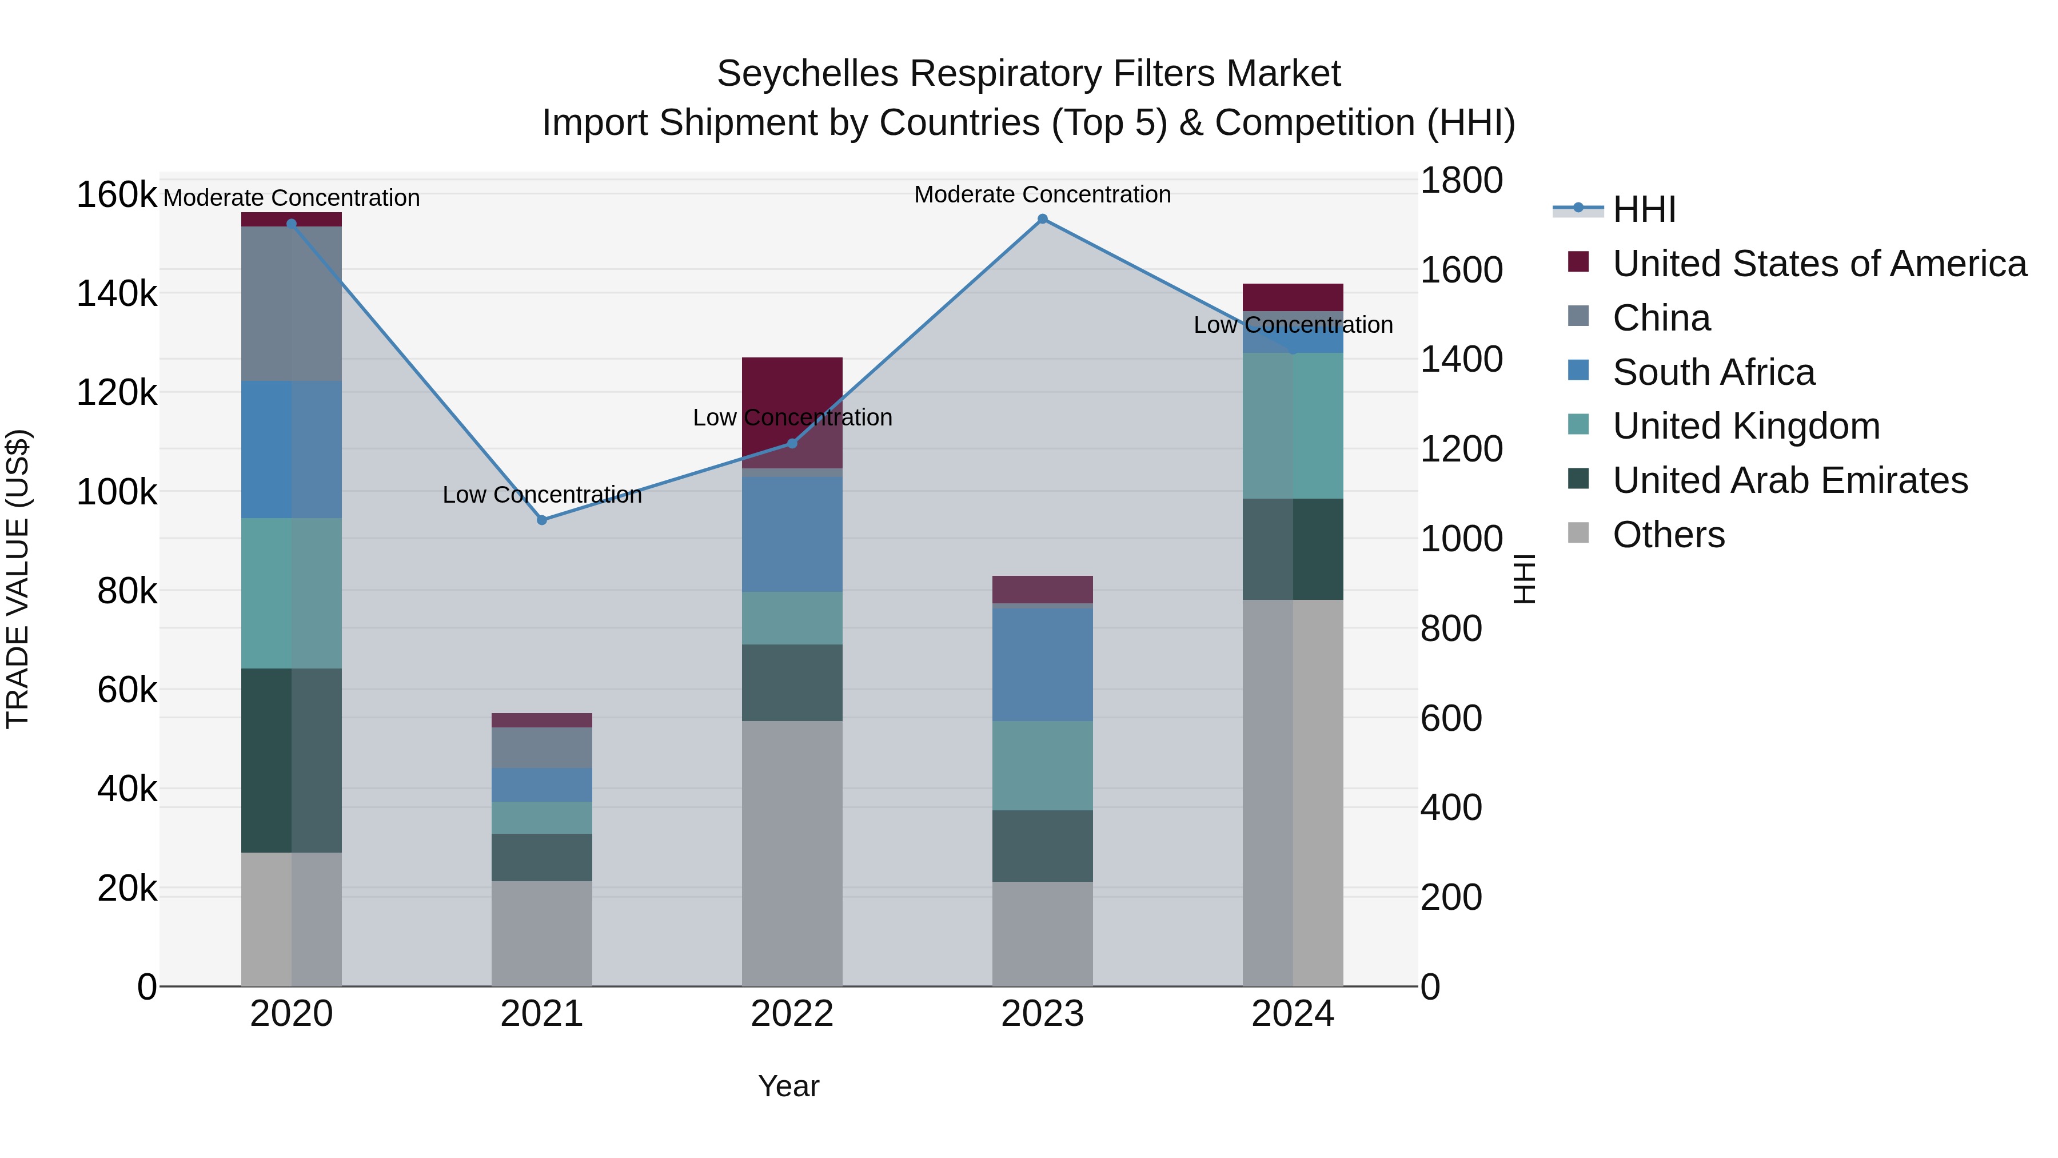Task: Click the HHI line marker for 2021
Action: [x=542, y=520]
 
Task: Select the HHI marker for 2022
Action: [x=792, y=444]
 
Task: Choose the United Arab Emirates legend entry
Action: [x=1789, y=481]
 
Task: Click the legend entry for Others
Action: [x=1668, y=535]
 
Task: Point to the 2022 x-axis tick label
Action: [x=792, y=1014]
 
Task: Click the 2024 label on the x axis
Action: [x=1292, y=1014]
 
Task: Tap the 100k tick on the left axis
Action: [x=117, y=492]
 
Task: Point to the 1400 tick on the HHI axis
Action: [x=1461, y=360]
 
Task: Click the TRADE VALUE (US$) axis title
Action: [x=18, y=579]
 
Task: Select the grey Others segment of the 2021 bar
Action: [x=542, y=933]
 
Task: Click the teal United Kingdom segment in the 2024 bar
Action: [x=1292, y=426]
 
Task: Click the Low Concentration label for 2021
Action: [x=542, y=495]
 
